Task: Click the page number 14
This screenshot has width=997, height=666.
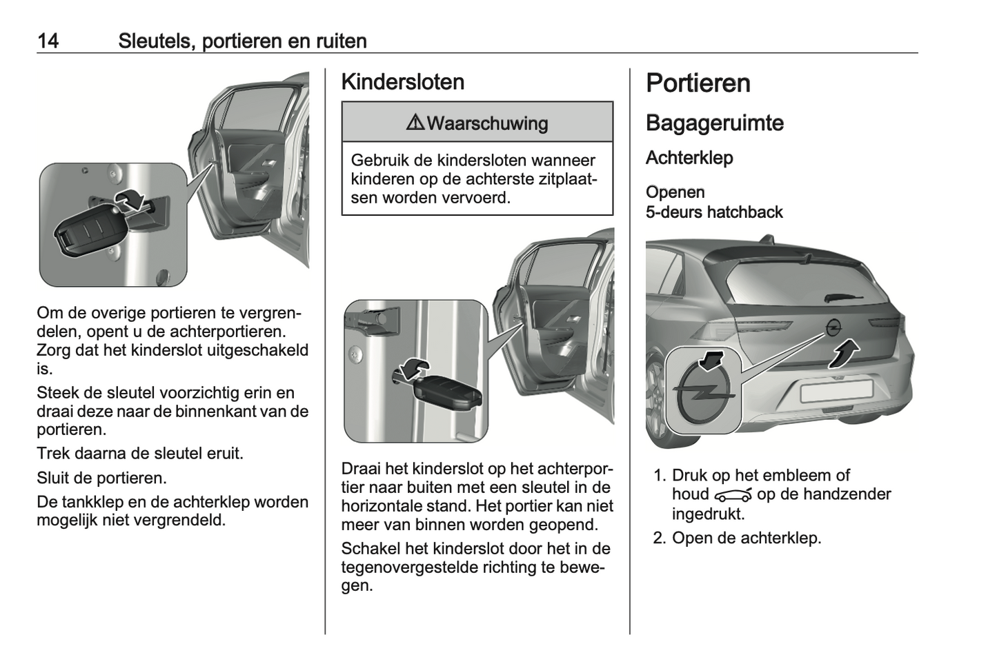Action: click(48, 41)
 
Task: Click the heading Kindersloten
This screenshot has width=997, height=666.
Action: click(402, 82)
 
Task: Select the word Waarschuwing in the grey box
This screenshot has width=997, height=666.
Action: click(487, 123)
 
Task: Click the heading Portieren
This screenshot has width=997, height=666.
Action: click(698, 83)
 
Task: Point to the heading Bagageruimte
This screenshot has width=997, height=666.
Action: click(714, 123)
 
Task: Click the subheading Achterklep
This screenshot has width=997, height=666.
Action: click(689, 158)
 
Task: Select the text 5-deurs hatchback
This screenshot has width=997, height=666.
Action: click(713, 212)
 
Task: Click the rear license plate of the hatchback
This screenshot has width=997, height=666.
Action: click(836, 392)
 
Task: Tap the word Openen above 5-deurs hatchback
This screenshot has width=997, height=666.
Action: click(675, 192)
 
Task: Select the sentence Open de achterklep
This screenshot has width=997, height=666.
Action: click(746, 538)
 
